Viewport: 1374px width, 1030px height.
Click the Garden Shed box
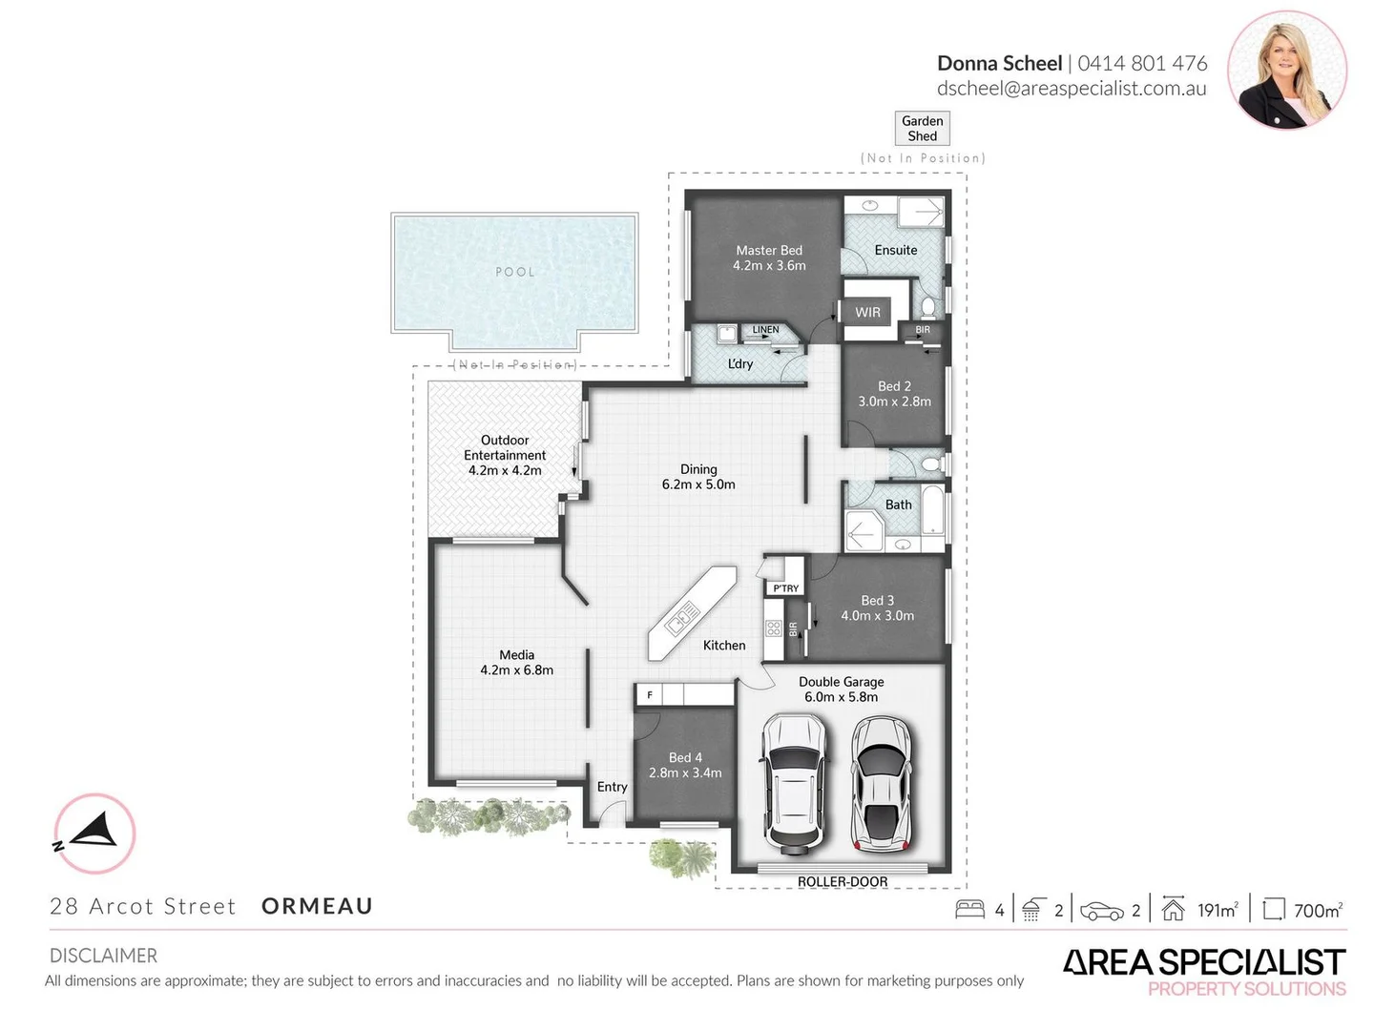[x=922, y=128]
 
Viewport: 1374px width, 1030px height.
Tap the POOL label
[x=514, y=272]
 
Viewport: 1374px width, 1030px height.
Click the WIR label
[x=867, y=312]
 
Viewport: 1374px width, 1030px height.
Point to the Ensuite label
[x=895, y=250]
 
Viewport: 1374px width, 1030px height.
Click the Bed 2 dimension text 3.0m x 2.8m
[x=894, y=402]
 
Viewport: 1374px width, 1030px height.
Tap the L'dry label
[x=740, y=363]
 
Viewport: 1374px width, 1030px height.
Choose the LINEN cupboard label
[x=765, y=330]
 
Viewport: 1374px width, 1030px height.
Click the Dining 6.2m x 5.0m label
[x=698, y=477]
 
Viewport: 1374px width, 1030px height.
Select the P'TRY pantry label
[x=786, y=588]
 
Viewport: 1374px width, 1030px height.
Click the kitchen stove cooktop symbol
[x=773, y=628]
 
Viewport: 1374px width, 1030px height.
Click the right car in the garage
[x=882, y=783]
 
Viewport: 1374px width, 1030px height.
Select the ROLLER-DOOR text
[x=843, y=881]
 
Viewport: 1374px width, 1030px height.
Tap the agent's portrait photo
[x=1286, y=70]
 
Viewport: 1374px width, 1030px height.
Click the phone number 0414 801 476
[x=1142, y=63]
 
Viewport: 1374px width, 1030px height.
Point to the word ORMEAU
[x=317, y=906]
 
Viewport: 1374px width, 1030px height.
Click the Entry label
[x=612, y=787]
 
